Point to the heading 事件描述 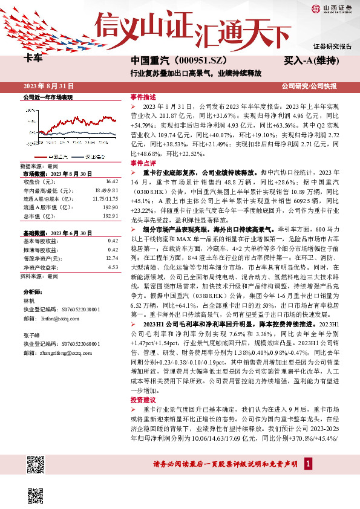point(143,97)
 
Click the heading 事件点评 point(143,163)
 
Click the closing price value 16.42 point(111,181)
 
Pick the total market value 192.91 point(110,215)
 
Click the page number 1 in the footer point(309,464)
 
